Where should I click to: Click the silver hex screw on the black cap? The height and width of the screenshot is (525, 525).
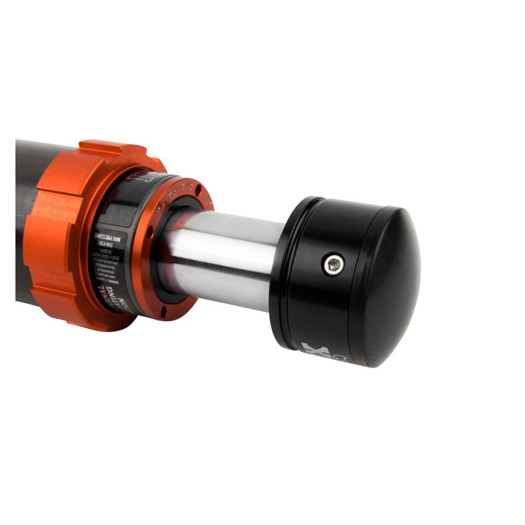[x=334, y=265]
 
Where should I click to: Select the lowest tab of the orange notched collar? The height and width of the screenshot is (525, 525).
[x=93, y=318]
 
